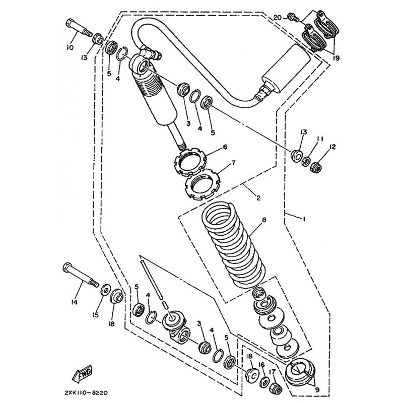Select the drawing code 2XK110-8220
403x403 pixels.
(x=86, y=393)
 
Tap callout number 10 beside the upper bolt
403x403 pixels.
(x=70, y=47)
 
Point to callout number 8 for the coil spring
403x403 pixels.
(x=264, y=220)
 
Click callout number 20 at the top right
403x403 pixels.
(x=278, y=18)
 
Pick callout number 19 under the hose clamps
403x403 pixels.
(x=336, y=58)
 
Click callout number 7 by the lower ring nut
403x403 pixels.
(x=233, y=162)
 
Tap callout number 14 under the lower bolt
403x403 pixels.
(x=74, y=303)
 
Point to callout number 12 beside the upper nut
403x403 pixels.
(x=332, y=147)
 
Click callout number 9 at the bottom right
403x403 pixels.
(x=317, y=390)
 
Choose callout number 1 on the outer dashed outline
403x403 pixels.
(x=304, y=219)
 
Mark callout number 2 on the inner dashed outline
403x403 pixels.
(x=258, y=198)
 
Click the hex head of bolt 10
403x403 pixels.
(x=70, y=23)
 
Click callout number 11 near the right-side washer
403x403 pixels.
(x=319, y=139)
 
